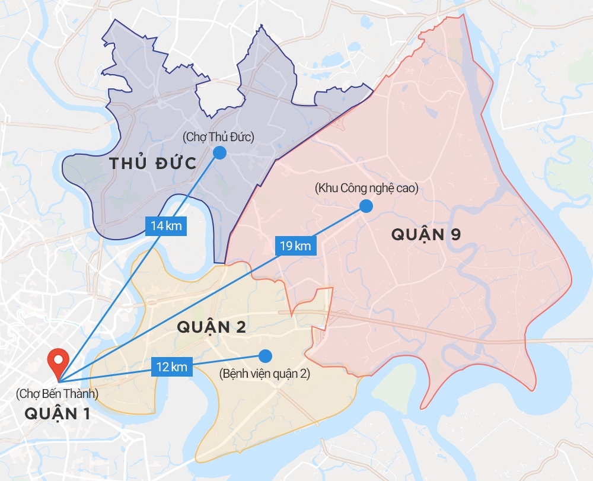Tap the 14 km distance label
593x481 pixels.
tap(167, 226)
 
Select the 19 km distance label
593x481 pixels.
tap(295, 246)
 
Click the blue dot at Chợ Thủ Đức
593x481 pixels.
tap(219, 152)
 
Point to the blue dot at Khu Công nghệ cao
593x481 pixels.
tap(366, 206)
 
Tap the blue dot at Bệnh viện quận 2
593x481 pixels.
tap(265, 356)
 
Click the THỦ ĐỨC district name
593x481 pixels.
tap(153, 164)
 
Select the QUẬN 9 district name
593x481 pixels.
tap(426, 234)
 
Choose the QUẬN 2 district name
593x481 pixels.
tap(211, 327)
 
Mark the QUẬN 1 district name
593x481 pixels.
tap(58, 414)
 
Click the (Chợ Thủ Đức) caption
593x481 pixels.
tap(219, 138)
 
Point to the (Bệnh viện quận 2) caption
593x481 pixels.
tap(264, 374)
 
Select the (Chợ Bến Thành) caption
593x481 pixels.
tap(58, 393)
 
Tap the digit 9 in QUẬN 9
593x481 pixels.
tap(455, 234)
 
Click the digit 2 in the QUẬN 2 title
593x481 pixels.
tap(240, 327)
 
